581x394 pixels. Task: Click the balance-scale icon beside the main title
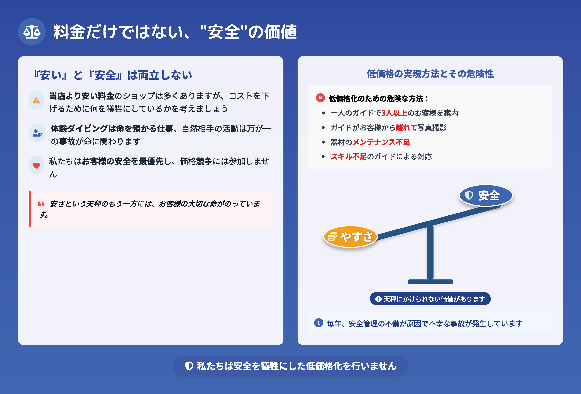pyautogui.click(x=32, y=32)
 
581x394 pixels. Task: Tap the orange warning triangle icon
pyautogui.click(x=36, y=100)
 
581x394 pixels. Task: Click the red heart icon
pyautogui.click(x=36, y=165)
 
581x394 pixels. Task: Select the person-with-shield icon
pyautogui.click(x=37, y=133)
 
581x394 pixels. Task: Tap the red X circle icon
pyautogui.click(x=320, y=98)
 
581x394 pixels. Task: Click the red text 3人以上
pyautogui.click(x=394, y=113)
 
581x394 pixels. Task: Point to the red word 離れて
pyautogui.click(x=406, y=127)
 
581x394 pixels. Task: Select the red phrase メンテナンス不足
pyautogui.click(x=381, y=142)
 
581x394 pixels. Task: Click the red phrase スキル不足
pyautogui.click(x=349, y=157)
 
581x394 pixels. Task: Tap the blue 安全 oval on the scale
pyautogui.click(x=486, y=196)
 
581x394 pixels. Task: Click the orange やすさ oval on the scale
pyautogui.click(x=351, y=237)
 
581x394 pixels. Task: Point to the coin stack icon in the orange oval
pyautogui.click(x=332, y=237)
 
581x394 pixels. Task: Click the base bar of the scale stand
pyautogui.click(x=430, y=282)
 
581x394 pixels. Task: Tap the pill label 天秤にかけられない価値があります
pyautogui.click(x=430, y=299)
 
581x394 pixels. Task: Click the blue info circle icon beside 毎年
pyautogui.click(x=318, y=323)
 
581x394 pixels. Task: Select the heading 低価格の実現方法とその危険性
pyautogui.click(x=430, y=74)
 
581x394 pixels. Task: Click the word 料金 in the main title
pyautogui.click(x=69, y=32)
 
